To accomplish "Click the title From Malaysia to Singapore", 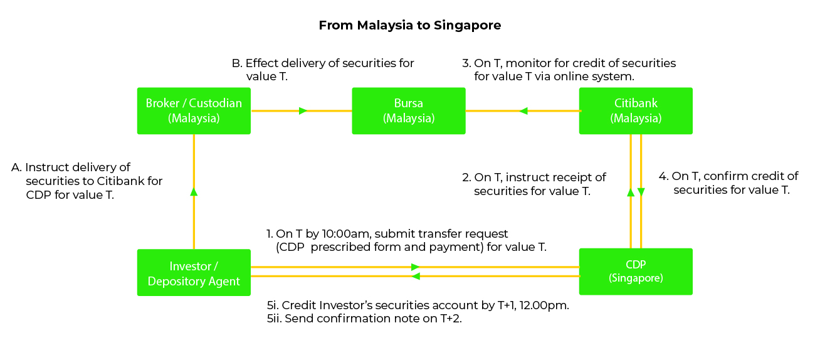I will pos(409,26).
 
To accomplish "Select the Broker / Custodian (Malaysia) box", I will pos(194,110).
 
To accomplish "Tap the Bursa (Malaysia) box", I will pos(409,110).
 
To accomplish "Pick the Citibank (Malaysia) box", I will pos(636,110).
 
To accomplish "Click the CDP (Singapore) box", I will pos(636,271).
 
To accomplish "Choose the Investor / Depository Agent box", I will pos(194,273).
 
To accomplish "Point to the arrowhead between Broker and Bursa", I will pos(303,111).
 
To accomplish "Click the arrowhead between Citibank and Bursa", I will pos(523,111).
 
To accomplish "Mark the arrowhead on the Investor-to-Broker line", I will pos(194,191).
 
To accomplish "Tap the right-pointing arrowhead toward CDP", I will pos(415,267).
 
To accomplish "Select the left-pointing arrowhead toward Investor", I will pos(416,276).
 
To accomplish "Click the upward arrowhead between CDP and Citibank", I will pos(630,192).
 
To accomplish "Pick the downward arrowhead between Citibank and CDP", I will pos(641,192).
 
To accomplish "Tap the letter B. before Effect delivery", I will pos(236,63).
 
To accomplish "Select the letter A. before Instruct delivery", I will pos(17,167).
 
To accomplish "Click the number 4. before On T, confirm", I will pos(663,176).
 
